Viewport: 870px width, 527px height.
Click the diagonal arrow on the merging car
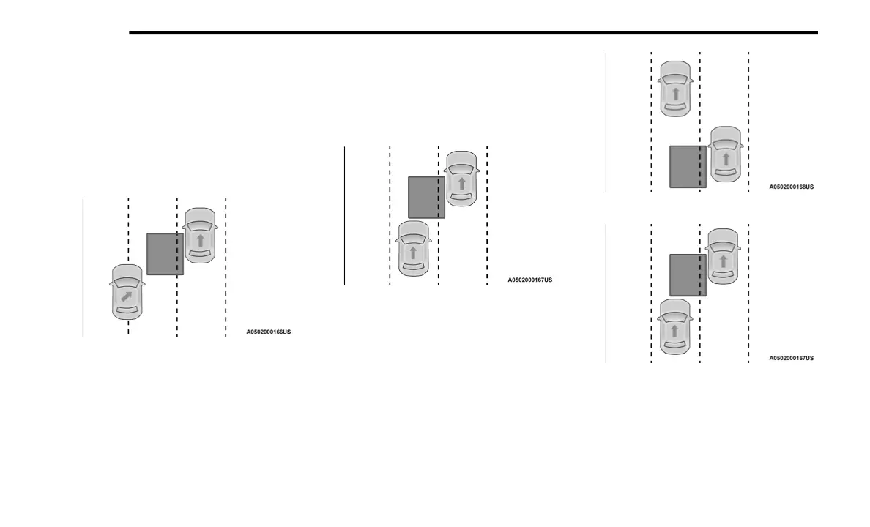pyautogui.click(x=127, y=296)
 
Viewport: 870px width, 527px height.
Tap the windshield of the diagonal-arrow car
pyautogui.click(x=127, y=282)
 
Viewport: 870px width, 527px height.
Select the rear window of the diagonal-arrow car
pyautogui.click(x=127, y=311)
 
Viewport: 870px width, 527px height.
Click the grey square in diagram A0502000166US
pyautogui.click(x=165, y=254)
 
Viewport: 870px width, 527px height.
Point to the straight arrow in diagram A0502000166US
pyautogui.click(x=200, y=239)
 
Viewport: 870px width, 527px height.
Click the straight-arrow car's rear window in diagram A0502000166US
pyautogui.click(x=200, y=254)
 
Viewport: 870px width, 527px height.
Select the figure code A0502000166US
pyautogui.click(x=268, y=332)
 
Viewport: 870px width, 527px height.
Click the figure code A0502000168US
pyautogui.click(x=791, y=187)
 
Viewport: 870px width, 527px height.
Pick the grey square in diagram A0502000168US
pyautogui.click(x=688, y=167)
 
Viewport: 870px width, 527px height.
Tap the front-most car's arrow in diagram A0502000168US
pyautogui.click(x=675, y=93)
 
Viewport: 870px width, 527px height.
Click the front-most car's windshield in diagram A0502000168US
pyautogui.click(x=675, y=78)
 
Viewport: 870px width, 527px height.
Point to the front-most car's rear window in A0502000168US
pyautogui.click(x=675, y=108)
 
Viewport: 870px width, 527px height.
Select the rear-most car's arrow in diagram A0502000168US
pyautogui.click(x=726, y=159)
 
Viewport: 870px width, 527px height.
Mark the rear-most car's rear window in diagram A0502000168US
pyautogui.click(x=726, y=173)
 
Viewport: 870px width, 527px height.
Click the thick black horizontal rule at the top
pyautogui.click(x=473, y=33)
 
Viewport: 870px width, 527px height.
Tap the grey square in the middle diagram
pyautogui.click(x=426, y=197)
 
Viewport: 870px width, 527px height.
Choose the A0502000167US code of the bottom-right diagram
pyautogui.click(x=791, y=358)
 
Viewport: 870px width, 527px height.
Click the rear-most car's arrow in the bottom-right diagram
pyautogui.click(x=674, y=331)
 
